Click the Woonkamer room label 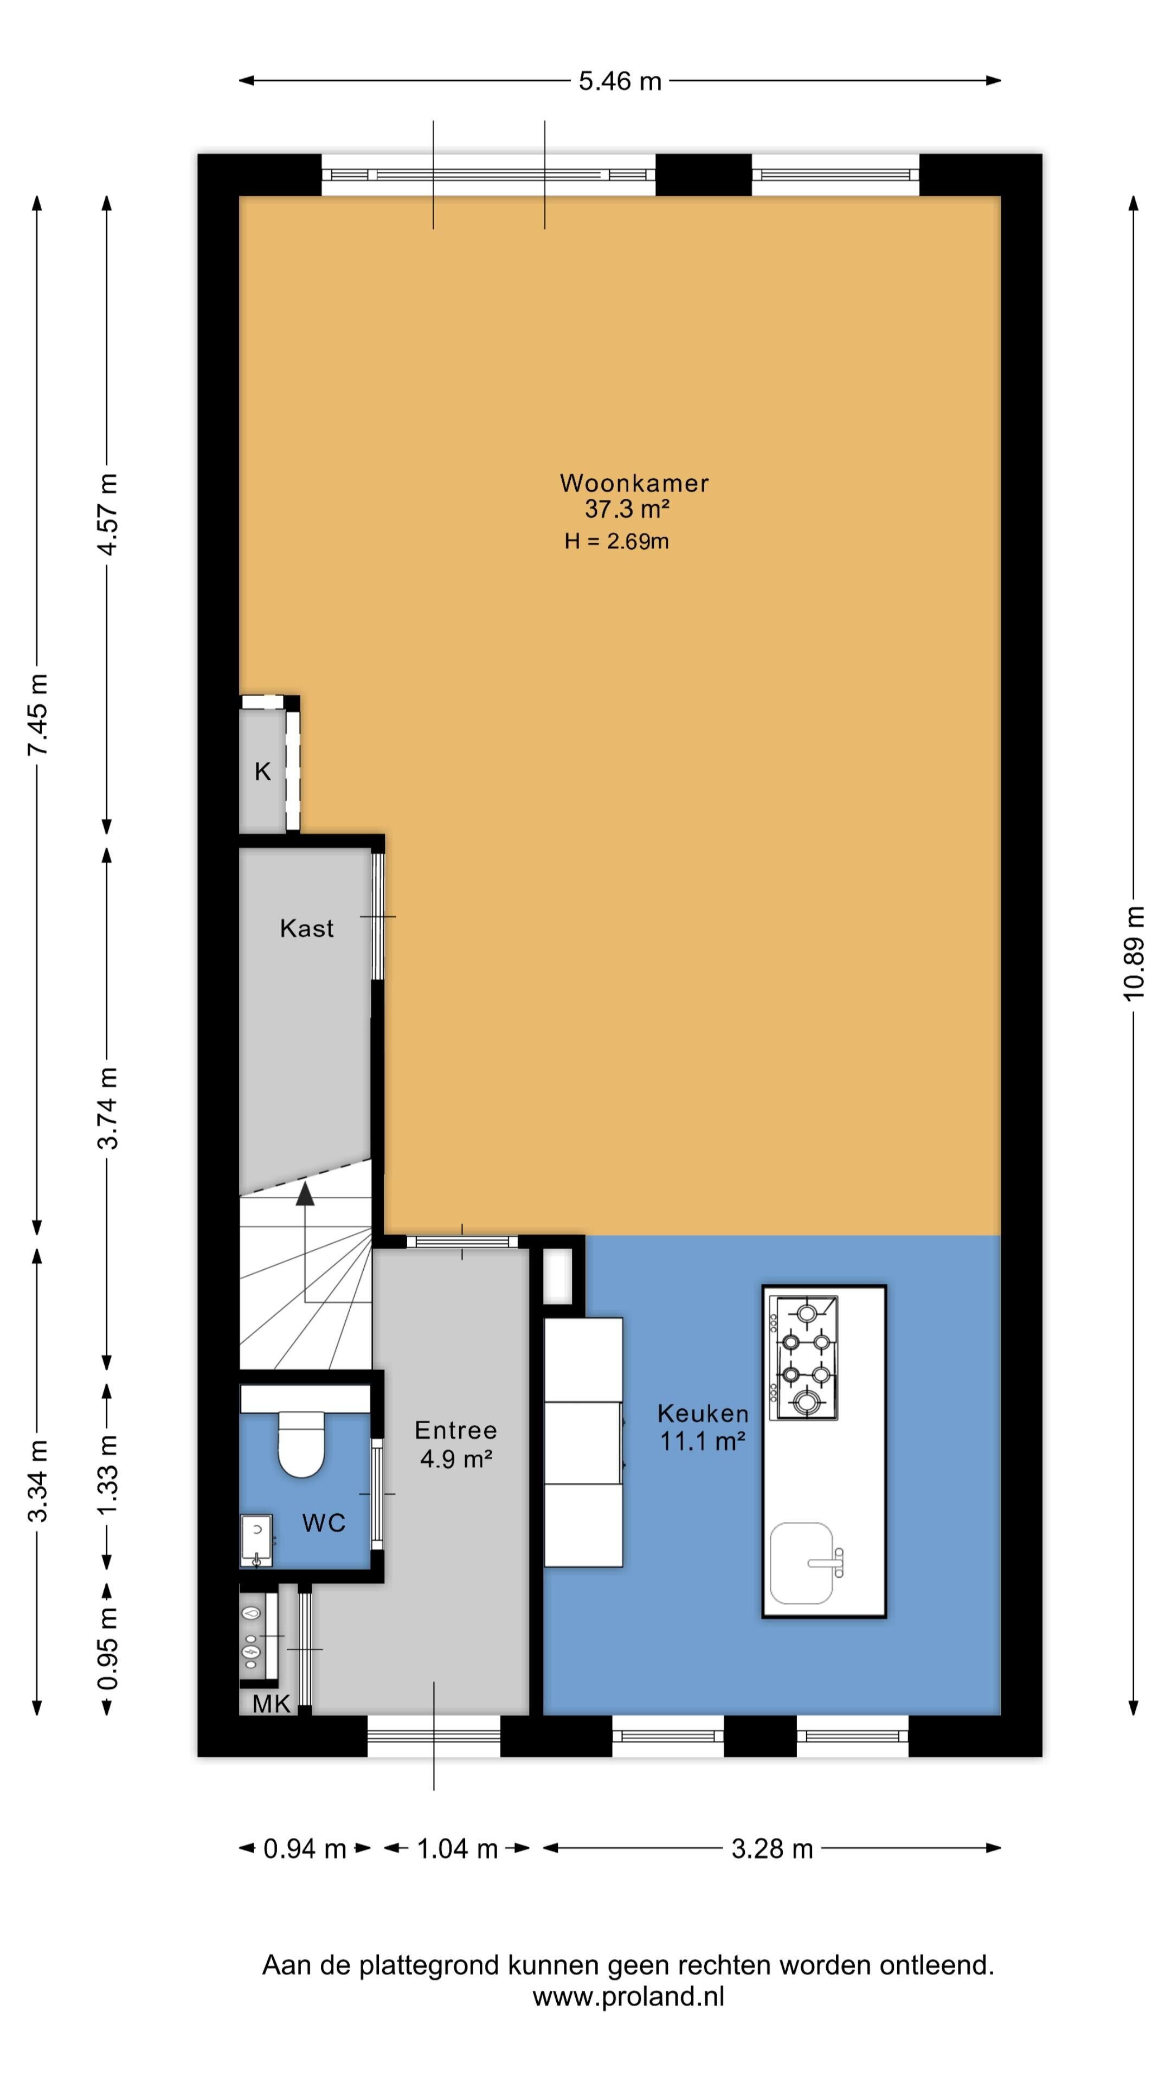click(x=634, y=483)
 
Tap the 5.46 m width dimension click(x=620, y=81)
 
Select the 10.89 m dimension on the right click(x=1134, y=953)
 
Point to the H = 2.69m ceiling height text click(x=616, y=542)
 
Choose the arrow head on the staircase click(x=305, y=1194)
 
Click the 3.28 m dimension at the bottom click(x=772, y=1848)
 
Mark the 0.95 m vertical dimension click(x=107, y=1649)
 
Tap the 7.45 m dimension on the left click(x=37, y=715)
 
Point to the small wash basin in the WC click(x=257, y=1540)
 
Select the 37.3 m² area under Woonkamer click(x=628, y=509)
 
